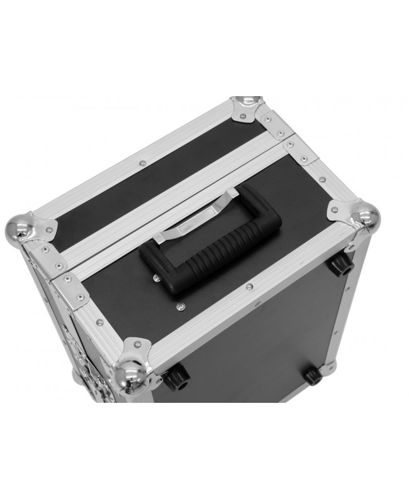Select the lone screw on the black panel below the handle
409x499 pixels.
[181, 305]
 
